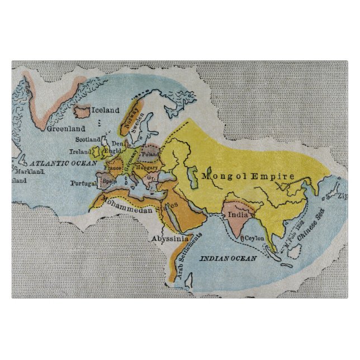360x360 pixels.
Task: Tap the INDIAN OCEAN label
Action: click(x=228, y=258)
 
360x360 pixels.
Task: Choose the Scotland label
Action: click(x=88, y=139)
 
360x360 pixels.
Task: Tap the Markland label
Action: click(x=31, y=172)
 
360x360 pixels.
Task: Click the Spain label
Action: click(x=108, y=181)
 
